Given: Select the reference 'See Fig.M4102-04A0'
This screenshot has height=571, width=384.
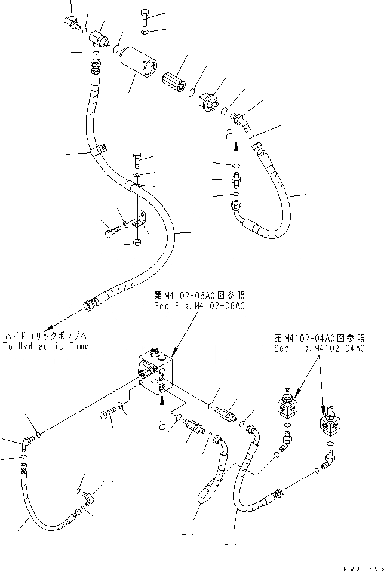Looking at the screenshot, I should point(319,349).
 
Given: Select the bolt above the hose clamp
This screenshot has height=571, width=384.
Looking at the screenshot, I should point(136,160).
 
